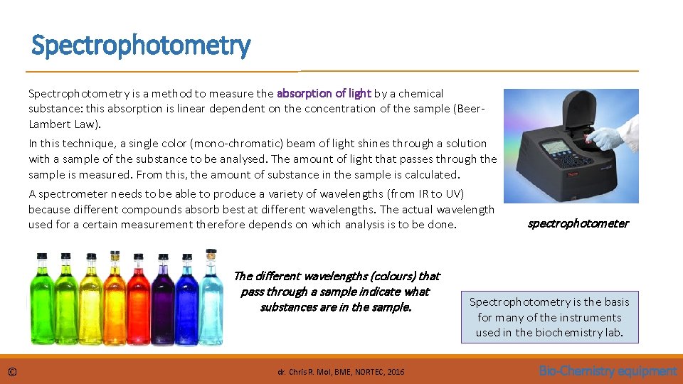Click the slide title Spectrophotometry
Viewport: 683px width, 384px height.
(x=141, y=46)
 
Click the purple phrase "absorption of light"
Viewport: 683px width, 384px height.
(x=324, y=93)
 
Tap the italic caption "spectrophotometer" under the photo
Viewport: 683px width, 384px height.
(x=578, y=223)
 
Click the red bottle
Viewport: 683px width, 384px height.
(x=138, y=298)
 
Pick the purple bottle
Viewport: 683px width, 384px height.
(x=162, y=298)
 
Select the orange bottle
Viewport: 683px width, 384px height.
(x=115, y=298)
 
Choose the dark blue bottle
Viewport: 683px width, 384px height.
(x=186, y=298)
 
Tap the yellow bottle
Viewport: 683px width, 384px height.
(x=90, y=298)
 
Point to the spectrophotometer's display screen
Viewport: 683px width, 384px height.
(x=554, y=150)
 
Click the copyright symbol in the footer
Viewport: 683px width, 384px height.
(x=12, y=371)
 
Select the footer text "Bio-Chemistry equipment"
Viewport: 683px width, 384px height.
(x=608, y=370)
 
